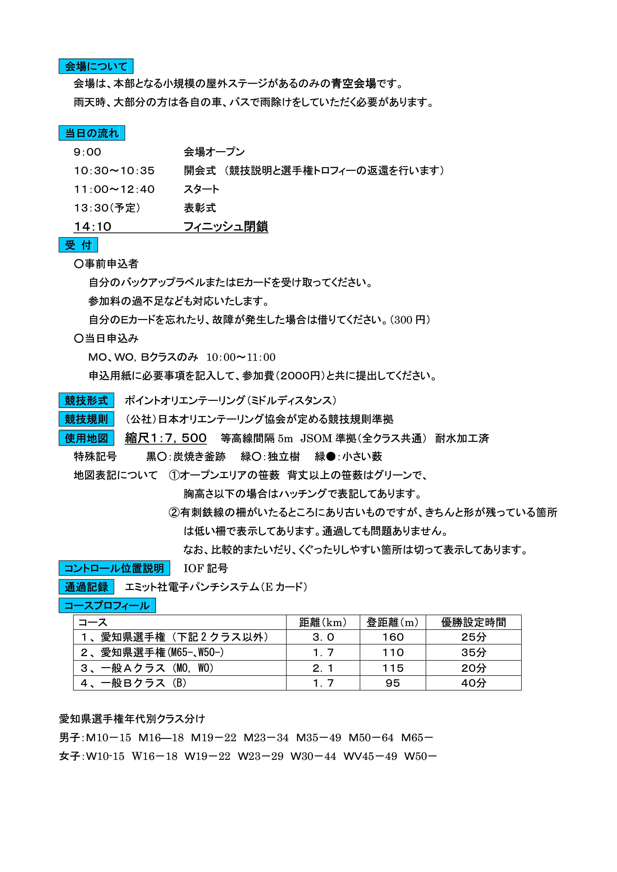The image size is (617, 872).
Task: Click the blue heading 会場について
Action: pos(96,66)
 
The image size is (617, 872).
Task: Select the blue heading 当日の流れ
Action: pos(92,133)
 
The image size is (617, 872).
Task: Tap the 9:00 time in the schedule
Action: pos(87,152)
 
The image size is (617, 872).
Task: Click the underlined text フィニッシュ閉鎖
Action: pos(226,227)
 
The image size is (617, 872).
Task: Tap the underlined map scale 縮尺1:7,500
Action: pos(166,438)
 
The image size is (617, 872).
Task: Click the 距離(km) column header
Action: pos(323,622)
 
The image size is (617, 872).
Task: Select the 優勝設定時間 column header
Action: pos(473,622)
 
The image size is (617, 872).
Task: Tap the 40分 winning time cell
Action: pos(473,683)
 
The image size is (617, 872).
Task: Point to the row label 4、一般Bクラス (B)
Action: pos(133,683)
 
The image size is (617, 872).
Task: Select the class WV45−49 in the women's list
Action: pos(370,756)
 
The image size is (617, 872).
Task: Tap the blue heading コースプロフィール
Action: pos(107,605)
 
